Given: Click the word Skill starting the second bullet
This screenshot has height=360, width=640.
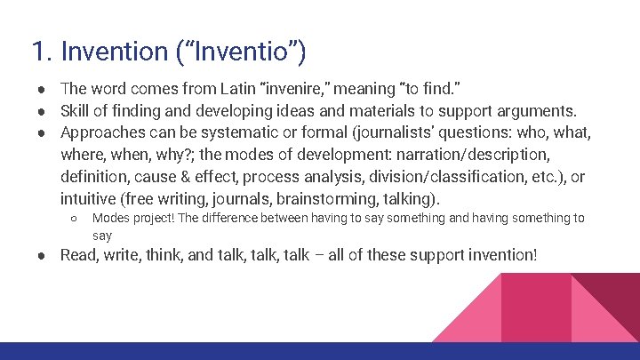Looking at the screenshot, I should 76,111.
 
